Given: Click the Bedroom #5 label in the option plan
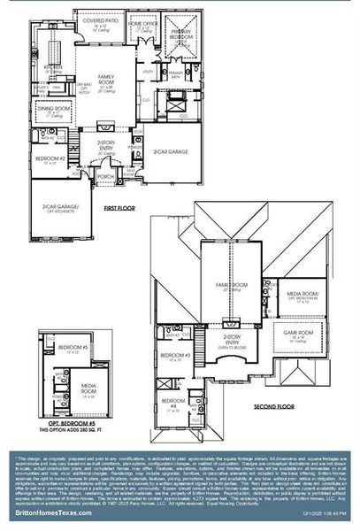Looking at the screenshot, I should coord(70,348).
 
